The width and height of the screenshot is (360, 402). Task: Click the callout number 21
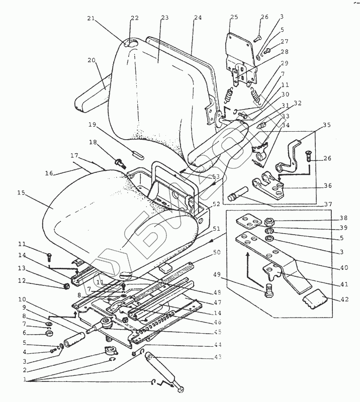(x=91, y=19)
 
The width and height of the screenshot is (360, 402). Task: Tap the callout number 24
(x=197, y=18)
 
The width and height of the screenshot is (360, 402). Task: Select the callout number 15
(x=21, y=193)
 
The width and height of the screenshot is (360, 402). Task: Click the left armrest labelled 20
(x=91, y=99)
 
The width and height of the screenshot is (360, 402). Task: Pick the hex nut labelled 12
(x=65, y=286)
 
